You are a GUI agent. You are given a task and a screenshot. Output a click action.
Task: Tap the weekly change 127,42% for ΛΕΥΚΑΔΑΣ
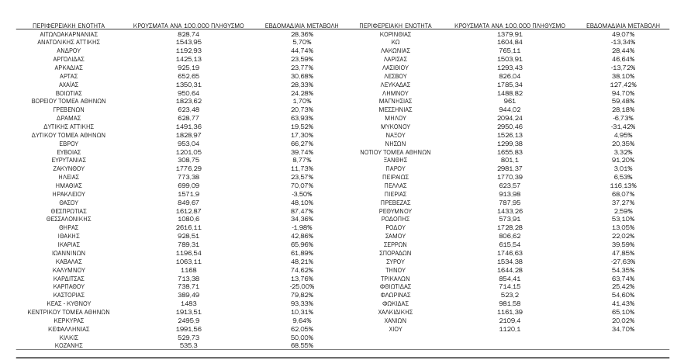623,84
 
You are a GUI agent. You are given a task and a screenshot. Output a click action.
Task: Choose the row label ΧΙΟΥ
396,329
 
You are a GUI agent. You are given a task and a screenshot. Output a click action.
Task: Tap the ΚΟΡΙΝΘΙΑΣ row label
396,35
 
